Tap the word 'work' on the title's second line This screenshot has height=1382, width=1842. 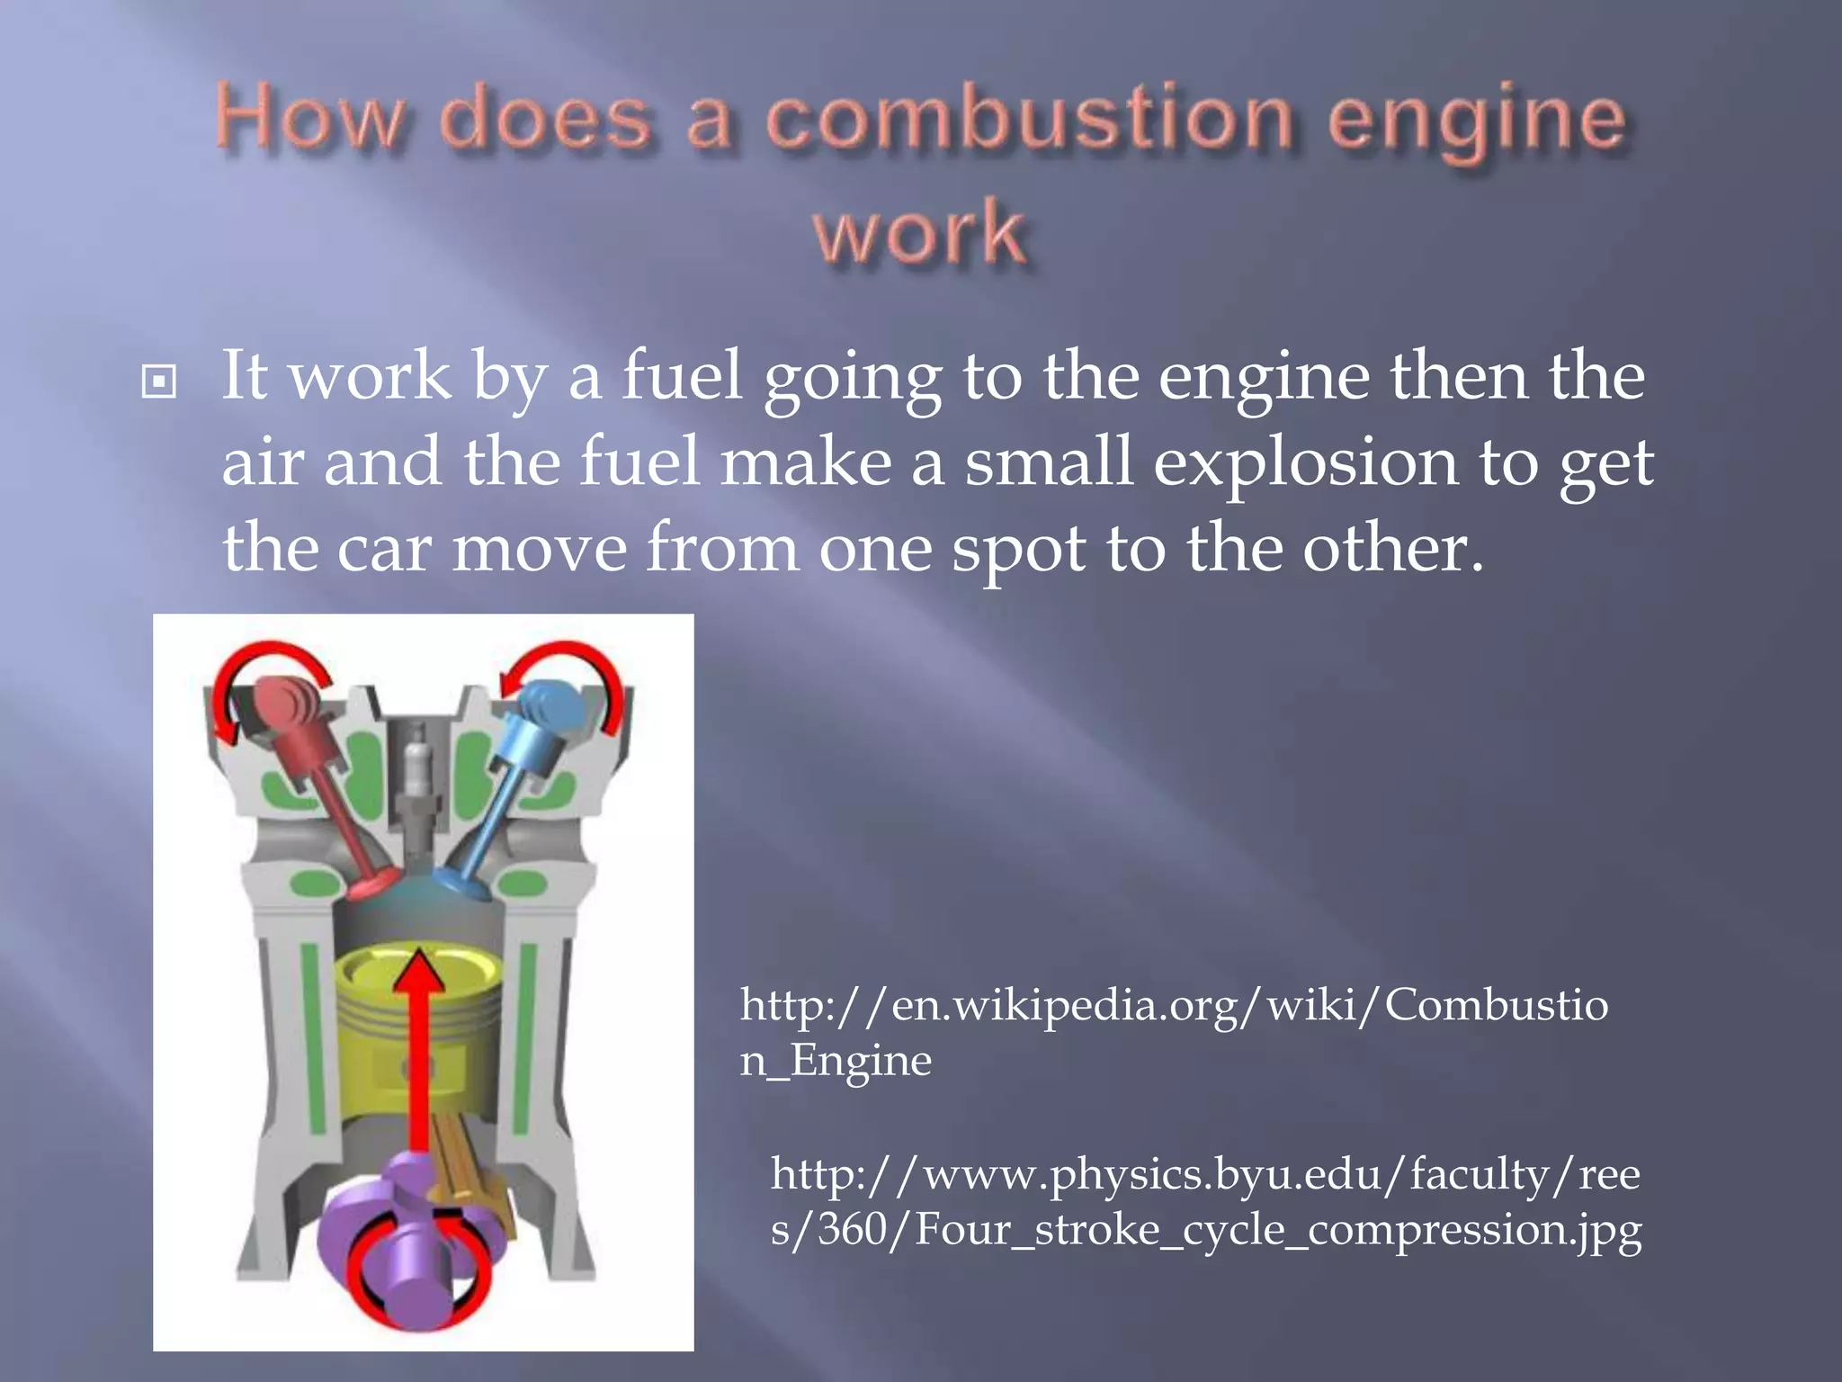tap(920, 233)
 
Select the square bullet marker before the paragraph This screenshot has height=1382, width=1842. tap(159, 381)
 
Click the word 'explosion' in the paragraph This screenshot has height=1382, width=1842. tap(1305, 462)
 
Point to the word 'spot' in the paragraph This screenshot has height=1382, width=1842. tap(1018, 548)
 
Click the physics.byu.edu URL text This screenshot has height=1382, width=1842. tap(1205, 1200)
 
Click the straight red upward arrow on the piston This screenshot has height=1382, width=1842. tap(417, 1053)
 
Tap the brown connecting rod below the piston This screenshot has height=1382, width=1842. tap(463, 1161)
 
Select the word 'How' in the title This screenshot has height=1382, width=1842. tap(309, 121)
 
